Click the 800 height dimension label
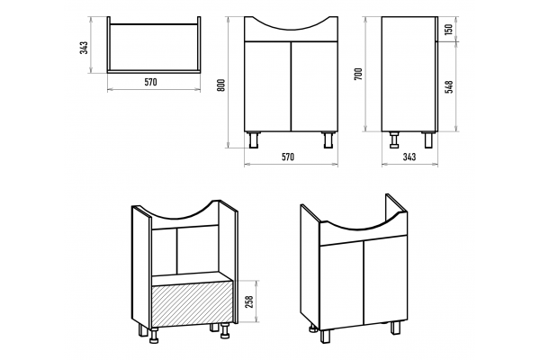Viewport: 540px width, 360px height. (221, 85)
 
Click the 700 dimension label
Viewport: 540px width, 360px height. (358, 74)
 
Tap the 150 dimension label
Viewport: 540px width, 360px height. (448, 30)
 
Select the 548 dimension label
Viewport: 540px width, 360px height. (448, 86)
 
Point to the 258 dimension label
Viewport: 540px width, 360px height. (249, 301)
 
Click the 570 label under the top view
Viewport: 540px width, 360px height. (150, 82)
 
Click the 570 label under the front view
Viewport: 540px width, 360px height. (288, 157)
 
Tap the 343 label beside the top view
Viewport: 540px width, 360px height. (84, 48)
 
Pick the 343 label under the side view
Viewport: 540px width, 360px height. (409, 157)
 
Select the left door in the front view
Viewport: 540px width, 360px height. (267, 86)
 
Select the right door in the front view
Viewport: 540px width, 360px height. (314, 86)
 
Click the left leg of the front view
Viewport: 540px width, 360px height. (254, 139)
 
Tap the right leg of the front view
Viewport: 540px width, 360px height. (328, 139)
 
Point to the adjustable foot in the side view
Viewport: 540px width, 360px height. (393, 139)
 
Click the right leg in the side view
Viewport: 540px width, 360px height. (428, 139)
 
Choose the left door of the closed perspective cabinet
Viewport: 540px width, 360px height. (342, 285)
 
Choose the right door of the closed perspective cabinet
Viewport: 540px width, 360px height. (386, 279)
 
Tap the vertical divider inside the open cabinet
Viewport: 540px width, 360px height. (176, 251)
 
